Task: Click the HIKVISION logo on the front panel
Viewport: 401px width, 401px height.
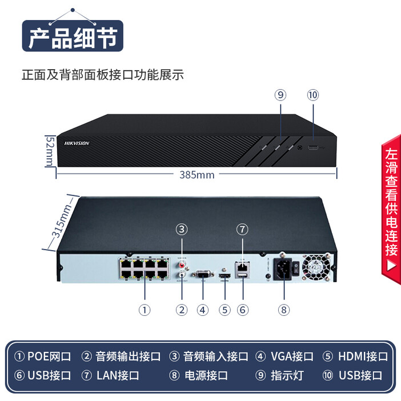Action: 77,143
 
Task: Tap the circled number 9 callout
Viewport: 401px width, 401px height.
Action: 280,95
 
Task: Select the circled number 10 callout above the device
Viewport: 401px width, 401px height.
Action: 312,95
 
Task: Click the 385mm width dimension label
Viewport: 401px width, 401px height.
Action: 197,175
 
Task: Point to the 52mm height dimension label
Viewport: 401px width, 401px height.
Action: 50,151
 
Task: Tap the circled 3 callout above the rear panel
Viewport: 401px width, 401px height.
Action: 182,230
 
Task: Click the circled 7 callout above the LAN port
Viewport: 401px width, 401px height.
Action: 242,230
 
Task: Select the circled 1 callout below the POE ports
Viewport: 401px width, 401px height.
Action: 145,310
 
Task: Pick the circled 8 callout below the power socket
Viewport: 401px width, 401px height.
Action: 284,310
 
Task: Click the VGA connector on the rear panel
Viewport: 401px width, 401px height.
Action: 203,275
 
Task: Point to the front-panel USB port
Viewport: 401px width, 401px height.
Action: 314,148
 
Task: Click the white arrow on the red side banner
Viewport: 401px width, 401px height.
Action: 391,265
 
